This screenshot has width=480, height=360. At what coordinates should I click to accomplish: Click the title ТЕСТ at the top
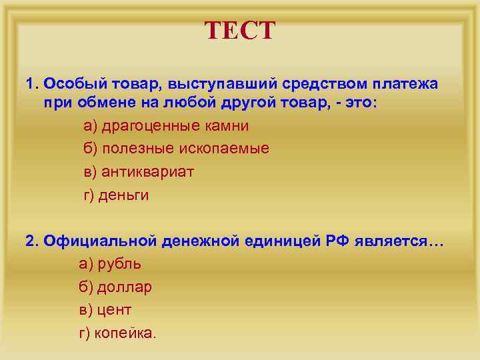[239, 31]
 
